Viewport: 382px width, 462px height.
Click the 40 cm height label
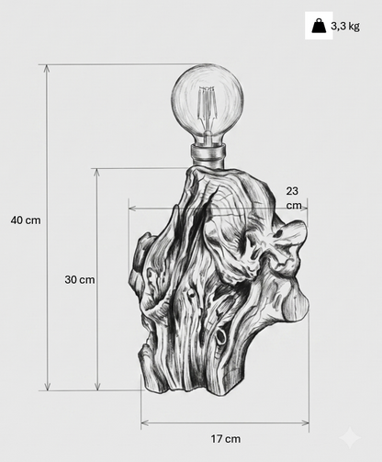coord(26,220)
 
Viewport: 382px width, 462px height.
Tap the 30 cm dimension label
coord(80,279)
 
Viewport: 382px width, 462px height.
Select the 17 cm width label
coord(226,439)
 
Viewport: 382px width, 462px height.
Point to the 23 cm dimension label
coord(294,198)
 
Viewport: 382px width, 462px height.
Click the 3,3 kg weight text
coord(345,27)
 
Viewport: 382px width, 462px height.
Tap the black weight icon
coord(319,26)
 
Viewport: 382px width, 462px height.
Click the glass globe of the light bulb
coord(208,103)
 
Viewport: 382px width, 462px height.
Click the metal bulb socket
coord(208,155)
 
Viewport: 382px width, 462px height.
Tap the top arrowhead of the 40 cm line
coord(47,68)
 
